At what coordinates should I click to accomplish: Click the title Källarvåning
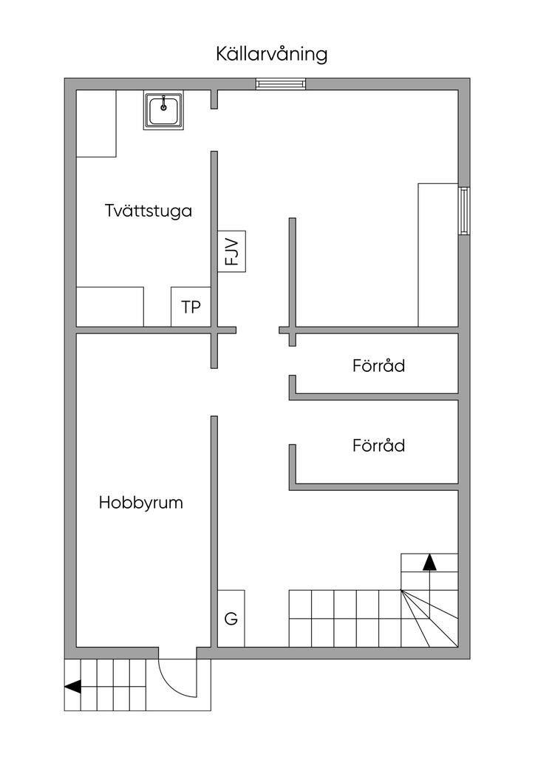click(x=272, y=53)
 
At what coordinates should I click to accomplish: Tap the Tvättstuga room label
click(x=149, y=211)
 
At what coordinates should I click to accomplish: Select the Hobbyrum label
click(x=141, y=503)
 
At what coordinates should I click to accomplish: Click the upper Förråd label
click(x=378, y=365)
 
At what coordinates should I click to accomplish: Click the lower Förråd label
click(x=378, y=445)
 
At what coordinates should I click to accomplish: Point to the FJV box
click(x=231, y=251)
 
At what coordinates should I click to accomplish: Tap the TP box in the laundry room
click(x=191, y=307)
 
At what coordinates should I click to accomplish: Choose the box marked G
click(x=231, y=619)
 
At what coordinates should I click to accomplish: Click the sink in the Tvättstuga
click(x=163, y=111)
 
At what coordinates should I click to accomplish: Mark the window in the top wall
click(x=281, y=84)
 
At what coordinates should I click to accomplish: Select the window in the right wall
click(x=464, y=211)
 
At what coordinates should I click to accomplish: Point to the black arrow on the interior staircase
click(x=429, y=563)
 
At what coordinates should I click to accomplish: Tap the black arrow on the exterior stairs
click(x=73, y=686)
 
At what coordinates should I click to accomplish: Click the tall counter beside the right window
click(x=438, y=255)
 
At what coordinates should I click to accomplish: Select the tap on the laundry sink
click(x=164, y=103)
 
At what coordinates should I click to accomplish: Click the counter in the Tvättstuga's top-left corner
click(x=97, y=123)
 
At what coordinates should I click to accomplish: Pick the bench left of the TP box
click(x=110, y=307)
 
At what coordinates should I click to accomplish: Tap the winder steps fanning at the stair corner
click(x=429, y=619)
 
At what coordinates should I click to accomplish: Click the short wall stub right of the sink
click(x=214, y=99)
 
